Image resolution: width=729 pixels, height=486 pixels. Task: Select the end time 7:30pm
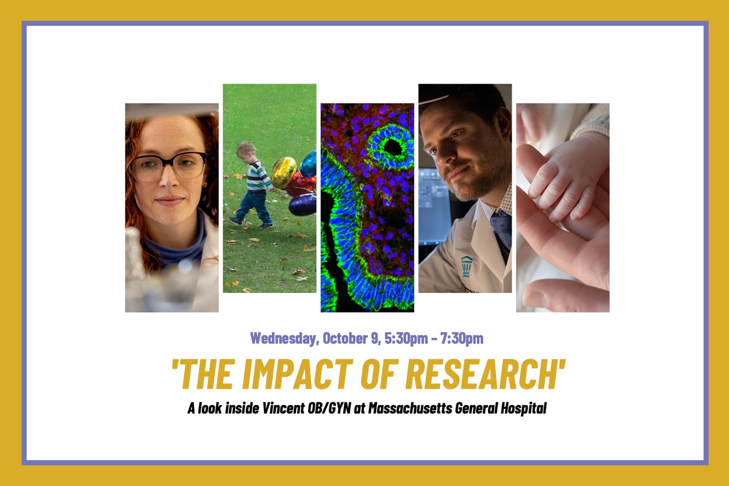462,339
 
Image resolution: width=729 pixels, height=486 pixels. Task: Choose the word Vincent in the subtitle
283,408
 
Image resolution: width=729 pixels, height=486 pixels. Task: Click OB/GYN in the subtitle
329,408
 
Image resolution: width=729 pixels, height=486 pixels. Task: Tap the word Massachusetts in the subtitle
410,408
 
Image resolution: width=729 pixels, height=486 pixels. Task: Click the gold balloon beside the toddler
283,172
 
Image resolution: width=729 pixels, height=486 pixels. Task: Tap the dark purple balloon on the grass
303,205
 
